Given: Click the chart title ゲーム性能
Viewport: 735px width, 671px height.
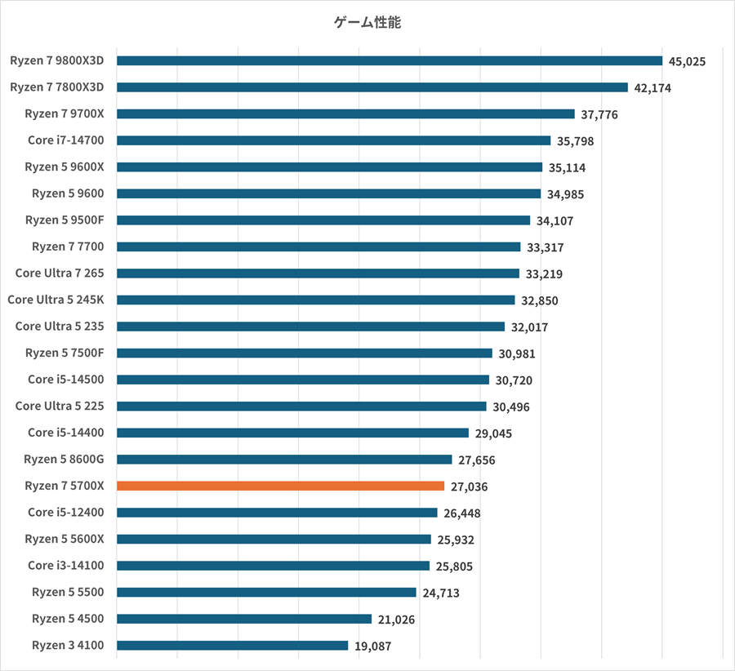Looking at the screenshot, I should (x=367, y=23).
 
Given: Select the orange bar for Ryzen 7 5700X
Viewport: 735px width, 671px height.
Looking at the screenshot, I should (x=280, y=486).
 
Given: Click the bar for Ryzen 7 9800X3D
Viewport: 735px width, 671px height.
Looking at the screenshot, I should (x=389, y=60).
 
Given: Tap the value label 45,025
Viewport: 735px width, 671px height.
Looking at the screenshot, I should (x=687, y=61).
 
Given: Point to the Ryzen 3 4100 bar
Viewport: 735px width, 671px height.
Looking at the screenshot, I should (x=232, y=646).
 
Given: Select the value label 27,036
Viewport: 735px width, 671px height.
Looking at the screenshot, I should (x=469, y=487).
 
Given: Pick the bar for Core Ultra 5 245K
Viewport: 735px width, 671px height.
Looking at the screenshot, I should (x=315, y=300).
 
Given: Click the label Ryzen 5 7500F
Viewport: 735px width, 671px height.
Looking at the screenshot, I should (x=70, y=353).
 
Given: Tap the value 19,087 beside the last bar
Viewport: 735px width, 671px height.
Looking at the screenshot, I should (x=373, y=647).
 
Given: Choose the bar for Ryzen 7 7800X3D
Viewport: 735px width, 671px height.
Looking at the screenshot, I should (x=372, y=87).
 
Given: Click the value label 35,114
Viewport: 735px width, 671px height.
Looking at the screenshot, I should (x=567, y=167).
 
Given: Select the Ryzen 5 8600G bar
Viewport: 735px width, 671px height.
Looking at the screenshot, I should (x=284, y=460).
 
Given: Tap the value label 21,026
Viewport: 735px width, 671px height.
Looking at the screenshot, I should (x=396, y=620).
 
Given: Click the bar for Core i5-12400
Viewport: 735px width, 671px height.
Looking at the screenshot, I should (x=277, y=513).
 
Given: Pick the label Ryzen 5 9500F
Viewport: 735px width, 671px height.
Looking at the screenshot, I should (x=70, y=220).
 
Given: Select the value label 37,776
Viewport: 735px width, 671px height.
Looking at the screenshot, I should (x=599, y=114).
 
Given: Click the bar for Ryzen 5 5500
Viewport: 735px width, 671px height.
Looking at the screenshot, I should (x=266, y=592).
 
